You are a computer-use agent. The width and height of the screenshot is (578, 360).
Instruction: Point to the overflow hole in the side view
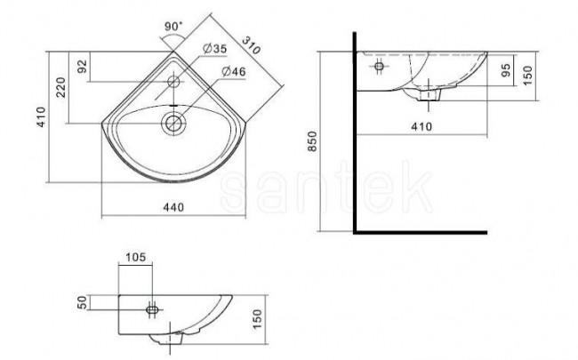379,67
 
